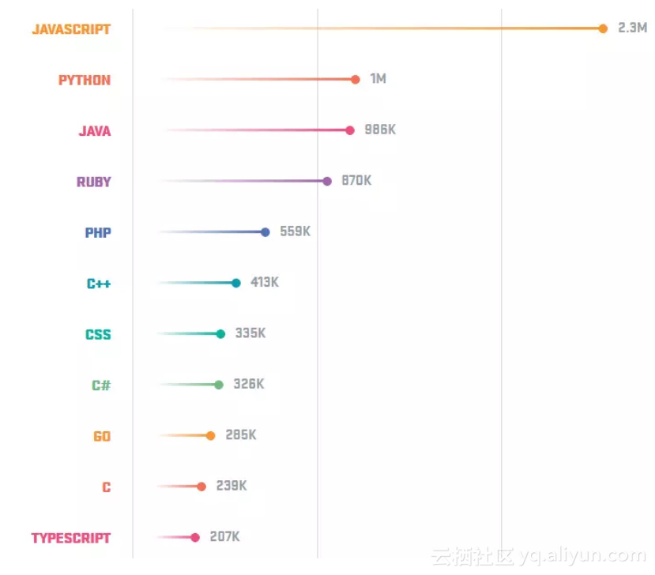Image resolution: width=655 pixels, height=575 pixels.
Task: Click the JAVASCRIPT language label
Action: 71,29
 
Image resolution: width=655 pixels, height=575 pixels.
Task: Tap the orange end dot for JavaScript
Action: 603,28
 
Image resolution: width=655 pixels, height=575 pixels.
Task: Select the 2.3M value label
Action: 632,28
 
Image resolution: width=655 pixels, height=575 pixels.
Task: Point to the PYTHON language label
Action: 85,80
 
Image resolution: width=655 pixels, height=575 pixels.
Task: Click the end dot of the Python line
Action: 356,79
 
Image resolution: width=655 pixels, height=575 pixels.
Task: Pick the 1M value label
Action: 378,79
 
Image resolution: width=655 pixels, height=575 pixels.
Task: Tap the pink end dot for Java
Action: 350,130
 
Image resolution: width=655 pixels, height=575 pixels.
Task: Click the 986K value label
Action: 380,130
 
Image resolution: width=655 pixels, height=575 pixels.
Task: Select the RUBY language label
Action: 93,182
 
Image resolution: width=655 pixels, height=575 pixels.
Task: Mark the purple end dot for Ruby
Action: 327,181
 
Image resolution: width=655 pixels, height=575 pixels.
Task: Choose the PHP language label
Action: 98,233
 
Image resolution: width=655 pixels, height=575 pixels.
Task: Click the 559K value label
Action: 296,231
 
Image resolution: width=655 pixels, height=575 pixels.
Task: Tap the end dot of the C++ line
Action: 236,283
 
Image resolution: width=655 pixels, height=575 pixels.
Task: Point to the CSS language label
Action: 98,335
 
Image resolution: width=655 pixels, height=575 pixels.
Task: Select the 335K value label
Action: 250,333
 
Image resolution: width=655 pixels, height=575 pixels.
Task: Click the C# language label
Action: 100,385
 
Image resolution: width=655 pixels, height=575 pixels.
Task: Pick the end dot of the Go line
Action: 210,435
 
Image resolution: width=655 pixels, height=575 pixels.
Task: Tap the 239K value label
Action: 232,486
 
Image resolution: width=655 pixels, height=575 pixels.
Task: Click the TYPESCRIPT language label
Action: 71,538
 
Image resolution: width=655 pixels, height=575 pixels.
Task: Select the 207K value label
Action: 224,537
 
